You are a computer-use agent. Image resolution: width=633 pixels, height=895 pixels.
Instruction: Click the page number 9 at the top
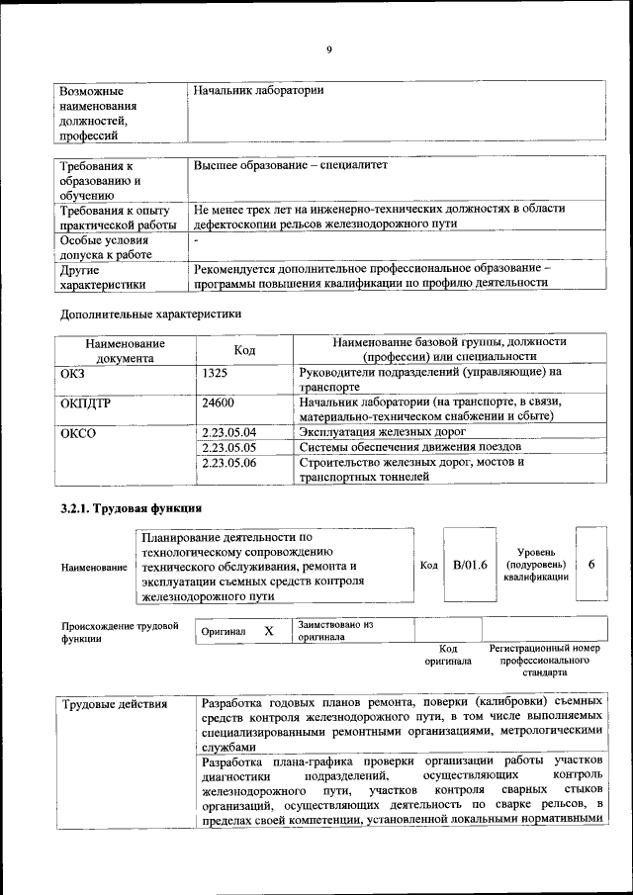pyautogui.click(x=328, y=51)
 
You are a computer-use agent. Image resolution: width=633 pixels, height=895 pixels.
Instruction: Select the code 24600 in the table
pyautogui.click(x=217, y=403)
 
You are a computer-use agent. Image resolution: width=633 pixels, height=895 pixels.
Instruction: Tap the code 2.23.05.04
pyautogui.click(x=228, y=432)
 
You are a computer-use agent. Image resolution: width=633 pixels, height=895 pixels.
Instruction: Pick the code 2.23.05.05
pyautogui.click(x=228, y=447)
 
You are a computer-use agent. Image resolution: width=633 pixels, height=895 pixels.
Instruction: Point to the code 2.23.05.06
pyautogui.click(x=228, y=462)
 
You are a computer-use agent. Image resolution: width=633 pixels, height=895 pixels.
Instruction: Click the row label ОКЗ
pyautogui.click(x=75, y=373)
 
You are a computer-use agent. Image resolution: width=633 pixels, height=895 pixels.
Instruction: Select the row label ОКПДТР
pyautogui.click(x=88, y=403)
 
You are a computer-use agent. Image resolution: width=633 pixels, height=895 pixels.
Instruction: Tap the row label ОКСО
pyautogui.click(x=78, y=432)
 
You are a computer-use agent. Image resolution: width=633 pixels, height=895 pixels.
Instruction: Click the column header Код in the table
pyautogui.click(x=244, y=349)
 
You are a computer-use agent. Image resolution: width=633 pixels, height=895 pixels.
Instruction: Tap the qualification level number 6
pyautogui.click(x=590, y=564)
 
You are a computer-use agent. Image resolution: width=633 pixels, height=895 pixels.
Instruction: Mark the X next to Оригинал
pyautogui.click(x=268, y=631)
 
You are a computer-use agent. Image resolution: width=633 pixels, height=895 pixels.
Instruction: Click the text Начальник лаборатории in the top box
pyautogui.click(x=259, y=91)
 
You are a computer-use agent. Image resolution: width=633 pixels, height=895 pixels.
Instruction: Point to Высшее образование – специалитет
pyautogui.click(x=291, y=165)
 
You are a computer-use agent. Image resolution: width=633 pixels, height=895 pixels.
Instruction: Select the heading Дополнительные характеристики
pyautogui.click(x=150, y=314)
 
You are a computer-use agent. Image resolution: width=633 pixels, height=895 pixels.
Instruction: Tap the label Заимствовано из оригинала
pyautogui.click(x=335, y=631)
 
